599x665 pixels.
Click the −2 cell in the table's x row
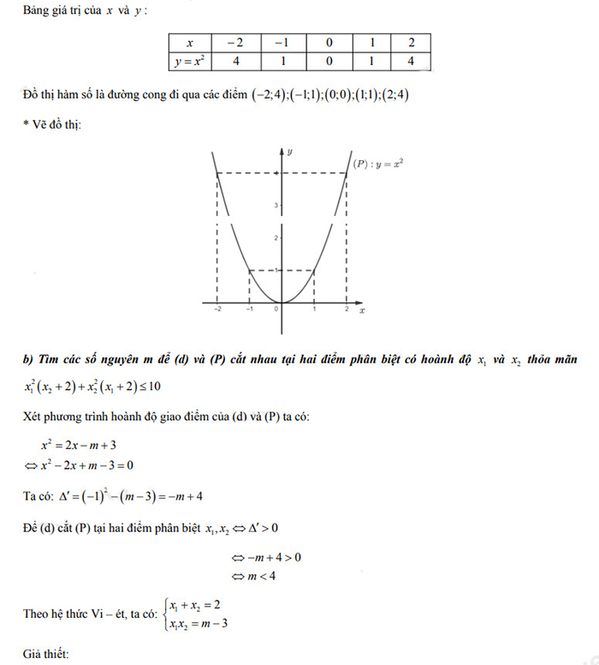pos(233,43)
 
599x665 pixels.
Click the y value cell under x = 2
pos(411,61)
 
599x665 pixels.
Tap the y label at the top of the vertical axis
pos(291,152)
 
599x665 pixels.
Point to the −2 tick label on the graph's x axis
pos(217,310)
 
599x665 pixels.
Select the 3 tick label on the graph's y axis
pos(276,206)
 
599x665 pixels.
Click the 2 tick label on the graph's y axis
pos(276,237)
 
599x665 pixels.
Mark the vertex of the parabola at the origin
pos(282,303)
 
